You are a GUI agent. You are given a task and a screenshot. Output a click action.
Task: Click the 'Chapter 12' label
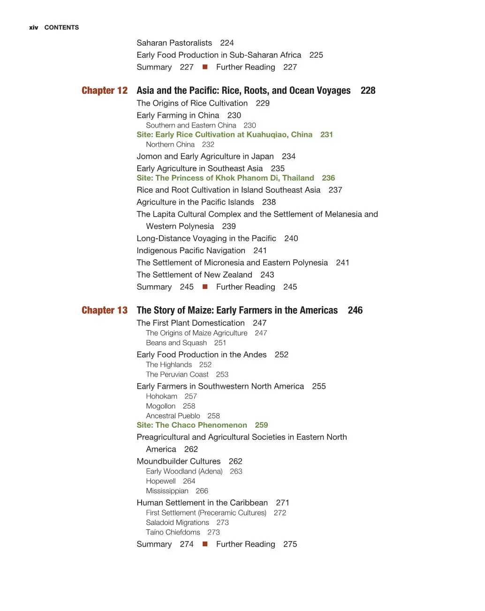[x=104, y=91]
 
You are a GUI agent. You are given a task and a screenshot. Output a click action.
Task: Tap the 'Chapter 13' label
[x=104, y=310]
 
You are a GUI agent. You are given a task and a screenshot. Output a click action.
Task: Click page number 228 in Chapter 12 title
[x=368, y=91]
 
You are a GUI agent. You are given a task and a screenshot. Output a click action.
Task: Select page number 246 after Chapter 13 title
[x=355, y=310]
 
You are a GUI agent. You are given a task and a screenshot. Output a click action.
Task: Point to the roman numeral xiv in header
[x=33, y=28]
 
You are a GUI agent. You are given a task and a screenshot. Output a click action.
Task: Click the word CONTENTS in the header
[x=61, y=28]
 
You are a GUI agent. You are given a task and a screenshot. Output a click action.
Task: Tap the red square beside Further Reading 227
[x=205, y=67]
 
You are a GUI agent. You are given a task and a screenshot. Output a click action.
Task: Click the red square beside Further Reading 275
[x=205, y=544]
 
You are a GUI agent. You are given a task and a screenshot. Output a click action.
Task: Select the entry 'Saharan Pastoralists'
[x=174, y=43]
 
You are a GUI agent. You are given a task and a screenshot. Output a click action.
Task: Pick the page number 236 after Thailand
[x=328, y=178]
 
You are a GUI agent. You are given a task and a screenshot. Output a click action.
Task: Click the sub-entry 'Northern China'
[x=170, y=145]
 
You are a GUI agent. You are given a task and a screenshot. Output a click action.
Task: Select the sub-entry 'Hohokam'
[x=161, y=397]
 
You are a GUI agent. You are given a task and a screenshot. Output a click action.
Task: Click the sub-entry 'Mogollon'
[x=160, y=407]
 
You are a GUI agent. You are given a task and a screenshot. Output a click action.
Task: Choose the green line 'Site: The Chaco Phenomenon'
[x=191, y=425]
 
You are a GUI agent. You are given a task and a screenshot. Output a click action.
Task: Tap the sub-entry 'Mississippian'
[x=167, y=491]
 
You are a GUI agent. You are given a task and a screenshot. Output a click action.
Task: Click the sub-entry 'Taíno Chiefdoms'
[x=173, y=533]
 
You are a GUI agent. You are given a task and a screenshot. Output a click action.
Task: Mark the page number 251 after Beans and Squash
[x=220, y=343]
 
